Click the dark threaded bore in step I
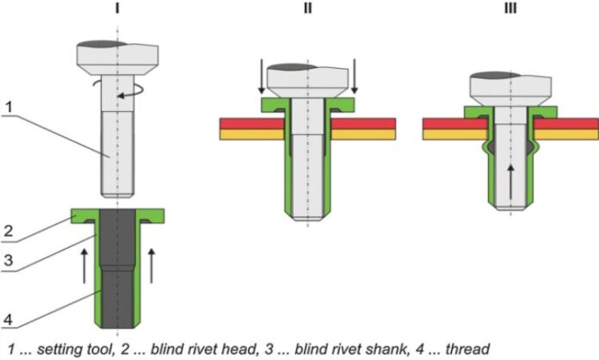tap(116, 267)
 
